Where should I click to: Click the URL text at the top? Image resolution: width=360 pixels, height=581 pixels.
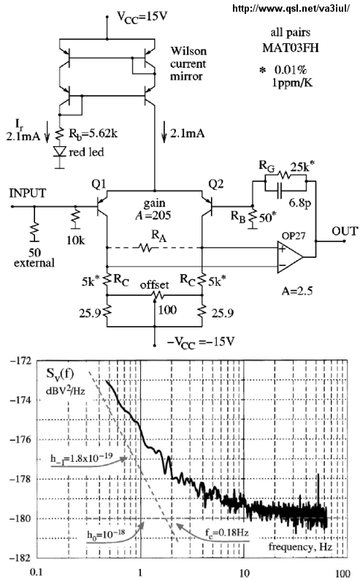[291, 9]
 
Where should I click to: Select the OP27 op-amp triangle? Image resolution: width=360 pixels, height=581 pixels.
[289, 257]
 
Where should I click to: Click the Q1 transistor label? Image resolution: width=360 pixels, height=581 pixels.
[99, 184]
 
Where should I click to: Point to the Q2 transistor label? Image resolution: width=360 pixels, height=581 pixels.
[216, 184]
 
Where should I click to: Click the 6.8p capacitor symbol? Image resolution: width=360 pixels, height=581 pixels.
[280, 191]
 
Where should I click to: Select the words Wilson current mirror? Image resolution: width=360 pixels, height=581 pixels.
[188, 64]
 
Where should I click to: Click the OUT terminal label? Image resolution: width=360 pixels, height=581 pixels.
[345, 231]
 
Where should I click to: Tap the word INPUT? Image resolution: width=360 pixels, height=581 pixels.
[28, 193]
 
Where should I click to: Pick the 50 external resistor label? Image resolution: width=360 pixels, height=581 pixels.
[34, 258]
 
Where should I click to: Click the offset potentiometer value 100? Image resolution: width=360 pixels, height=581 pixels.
[167, 309]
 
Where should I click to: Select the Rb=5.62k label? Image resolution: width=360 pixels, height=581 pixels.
[93, 134]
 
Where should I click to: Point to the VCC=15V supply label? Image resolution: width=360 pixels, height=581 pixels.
[142, 17]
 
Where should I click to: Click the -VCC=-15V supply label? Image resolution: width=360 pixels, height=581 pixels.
[201, 341]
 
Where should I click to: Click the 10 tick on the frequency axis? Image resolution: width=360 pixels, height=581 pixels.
[244, 573]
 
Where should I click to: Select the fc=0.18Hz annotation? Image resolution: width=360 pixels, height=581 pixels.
[226, 533]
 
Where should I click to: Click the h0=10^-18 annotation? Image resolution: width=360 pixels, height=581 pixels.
[106, 534]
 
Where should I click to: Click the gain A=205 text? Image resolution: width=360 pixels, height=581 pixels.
[153, 209]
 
